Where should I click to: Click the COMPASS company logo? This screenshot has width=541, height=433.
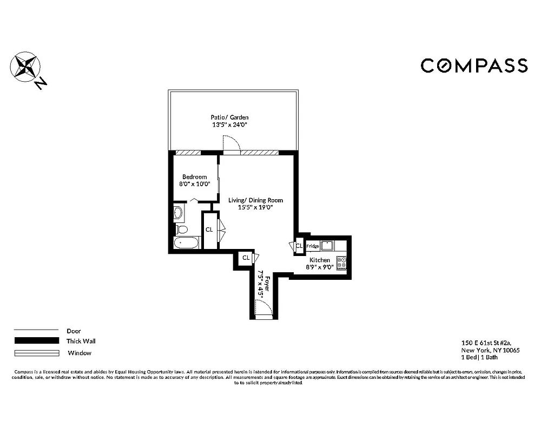[x=474, y=65]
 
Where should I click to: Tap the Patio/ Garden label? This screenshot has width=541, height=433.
[x=230, y=117]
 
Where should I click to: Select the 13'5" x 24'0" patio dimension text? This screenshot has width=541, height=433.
[x=230, y=124]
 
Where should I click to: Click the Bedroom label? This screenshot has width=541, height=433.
[x=194, y=177]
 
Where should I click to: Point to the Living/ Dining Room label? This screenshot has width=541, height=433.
[x=255, y=200]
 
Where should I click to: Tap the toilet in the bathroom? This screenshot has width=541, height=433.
[x=181, y=229]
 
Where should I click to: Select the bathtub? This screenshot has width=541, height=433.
[x=187, y=243]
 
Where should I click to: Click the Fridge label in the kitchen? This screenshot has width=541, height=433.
[x=313, y=246]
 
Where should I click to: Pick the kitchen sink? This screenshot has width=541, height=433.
[x=327, y=246]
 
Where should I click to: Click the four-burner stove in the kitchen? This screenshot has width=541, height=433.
[x=341, y=263]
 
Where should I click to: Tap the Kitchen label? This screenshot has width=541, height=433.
[x=320, y=260]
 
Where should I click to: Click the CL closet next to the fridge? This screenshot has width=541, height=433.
[x=299, y=246]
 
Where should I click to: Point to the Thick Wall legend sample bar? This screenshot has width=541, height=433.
[x=36, y=341]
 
